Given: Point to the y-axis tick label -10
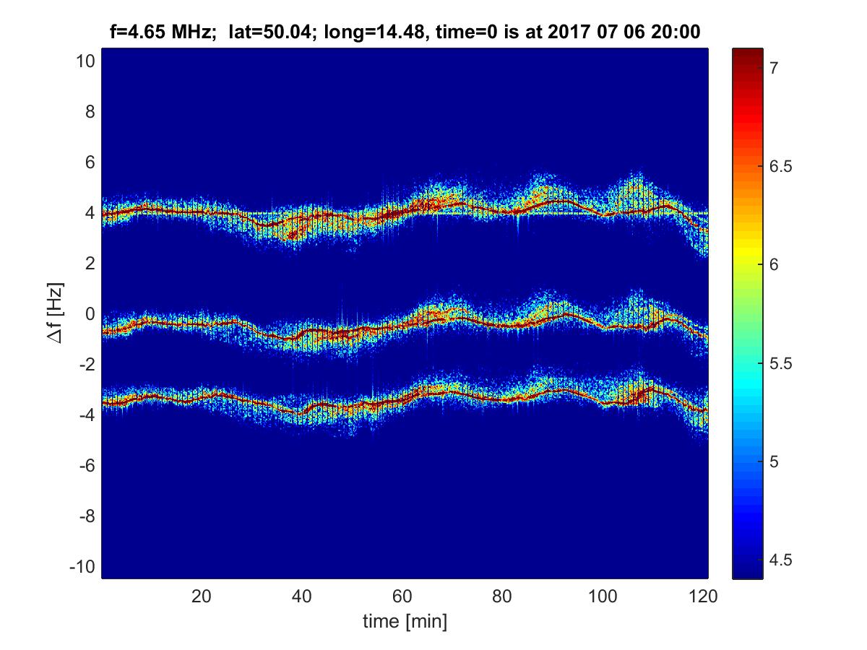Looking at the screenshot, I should point(82,566).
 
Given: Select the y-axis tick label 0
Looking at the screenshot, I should point(89,314).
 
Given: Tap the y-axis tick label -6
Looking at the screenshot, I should point(85,466).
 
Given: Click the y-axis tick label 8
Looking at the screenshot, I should point(89,112).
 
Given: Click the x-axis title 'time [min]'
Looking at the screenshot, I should point(405,620).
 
